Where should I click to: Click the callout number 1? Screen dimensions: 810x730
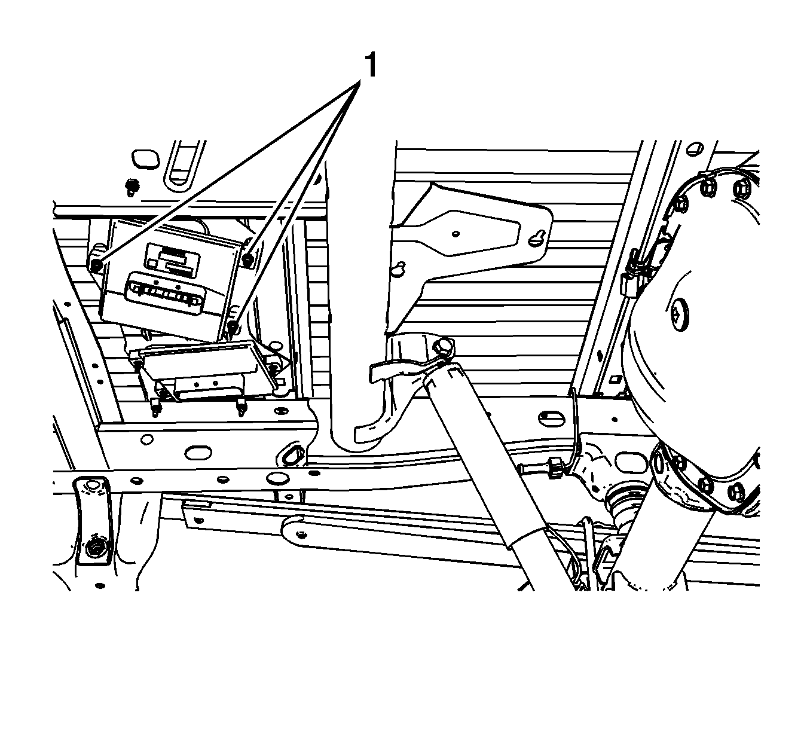pyautogui.click(x=370, y=65)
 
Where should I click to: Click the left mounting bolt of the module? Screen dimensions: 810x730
pyautogui.click(x=96, y=265)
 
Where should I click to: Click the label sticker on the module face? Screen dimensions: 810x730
pyautogui.click(x=172, y=260)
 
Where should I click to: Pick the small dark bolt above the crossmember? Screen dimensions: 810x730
pyautogui.click(x=131, y=187)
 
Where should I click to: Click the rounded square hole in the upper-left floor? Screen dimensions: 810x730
pyautogui.click(x=144, y=158)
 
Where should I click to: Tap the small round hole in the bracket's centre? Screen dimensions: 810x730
pyautogui.click(x=456, y=234)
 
